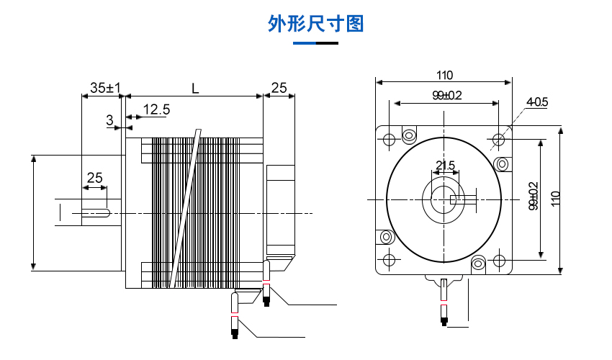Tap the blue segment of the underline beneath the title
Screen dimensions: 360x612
pyautogui.click(x=305, y=43)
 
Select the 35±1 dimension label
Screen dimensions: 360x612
pyautogui.click(x=105, y=88)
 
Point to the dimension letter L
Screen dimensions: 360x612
pyautogui.click(x=194, y=88)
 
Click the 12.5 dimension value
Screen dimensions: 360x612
pyautogui.click(x=156, y=109)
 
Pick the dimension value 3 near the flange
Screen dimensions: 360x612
pyautogui.click(x=109, y=120)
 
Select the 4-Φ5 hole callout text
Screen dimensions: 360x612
pyautogui.click(x=537, y=102)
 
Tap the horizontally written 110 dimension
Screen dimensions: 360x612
pyautogui.click(x=444, y=75)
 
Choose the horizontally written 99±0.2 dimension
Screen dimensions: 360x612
pyautogui.click(x=446, y=95)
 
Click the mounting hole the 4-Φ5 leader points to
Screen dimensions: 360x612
pyautogui.click(x=499, y=138)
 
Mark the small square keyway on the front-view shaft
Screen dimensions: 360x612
pyautogui.click(x=453, y=199)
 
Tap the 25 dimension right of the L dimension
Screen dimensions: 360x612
pyautogui.click(x=278, y=88)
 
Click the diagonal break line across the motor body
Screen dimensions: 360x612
pyautogui.click(x=184, y=209)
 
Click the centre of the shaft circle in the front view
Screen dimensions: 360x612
pyautogui.click(x=444, y=199)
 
